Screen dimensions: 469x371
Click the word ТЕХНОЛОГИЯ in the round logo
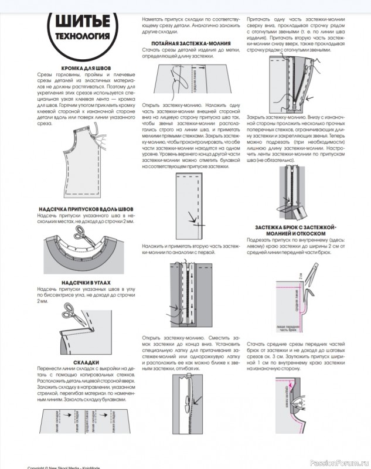click(82, 36)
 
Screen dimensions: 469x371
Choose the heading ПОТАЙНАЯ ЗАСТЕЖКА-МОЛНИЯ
click(190, 43)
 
